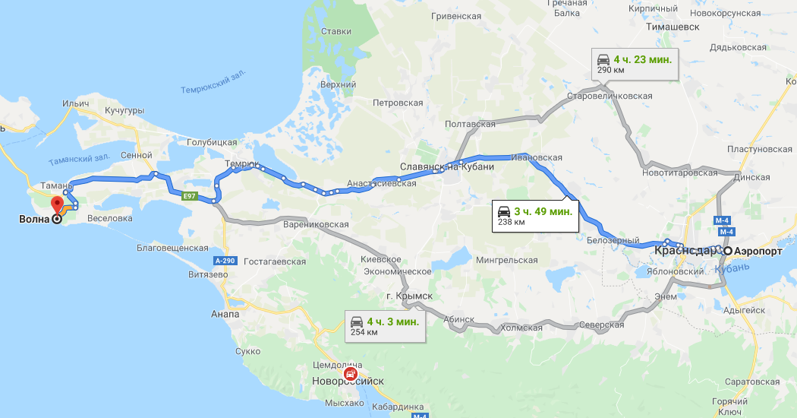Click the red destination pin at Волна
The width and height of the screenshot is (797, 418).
point(57,204)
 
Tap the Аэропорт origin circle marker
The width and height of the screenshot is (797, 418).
point(727,252)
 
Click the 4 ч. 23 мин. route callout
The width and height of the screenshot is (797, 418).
point(633,63)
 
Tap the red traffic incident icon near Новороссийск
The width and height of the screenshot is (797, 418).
point(348,374)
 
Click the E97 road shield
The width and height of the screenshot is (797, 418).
point(190,195)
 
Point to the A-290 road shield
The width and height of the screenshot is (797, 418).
point(225,261)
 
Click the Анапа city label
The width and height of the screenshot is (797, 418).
point(225,314)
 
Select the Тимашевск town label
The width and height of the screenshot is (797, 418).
point(671,26)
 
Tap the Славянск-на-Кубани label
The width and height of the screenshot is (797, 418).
point(444,166)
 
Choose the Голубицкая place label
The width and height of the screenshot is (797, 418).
point(212,142)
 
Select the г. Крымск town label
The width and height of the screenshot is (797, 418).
point(408,295)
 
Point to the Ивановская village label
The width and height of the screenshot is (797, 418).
point(537,157)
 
